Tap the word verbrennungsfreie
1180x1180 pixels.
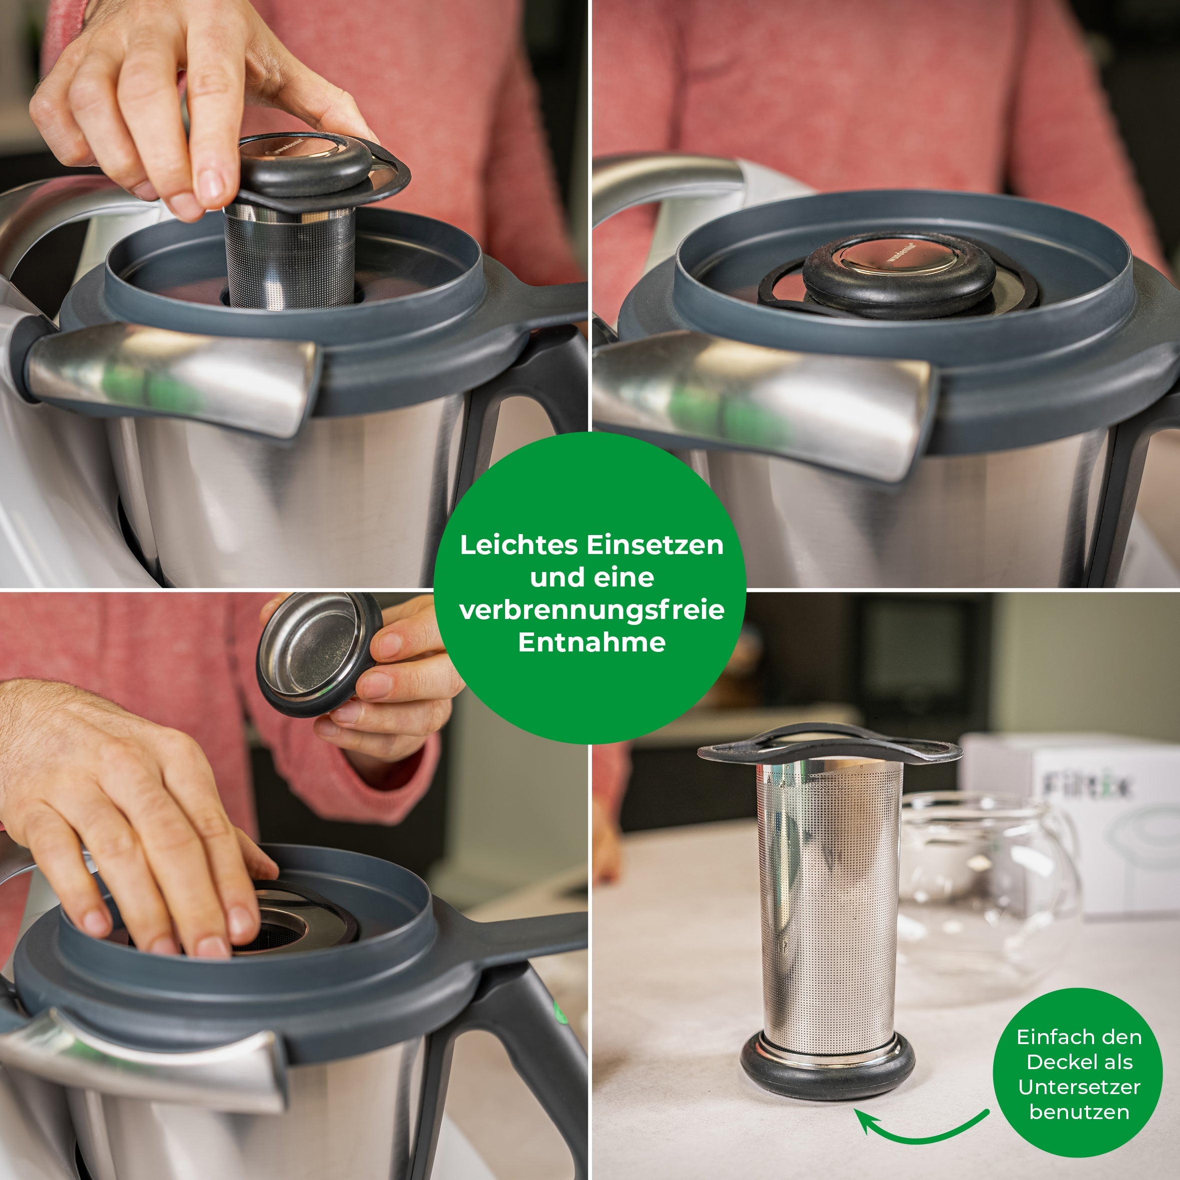(x=591, y=609)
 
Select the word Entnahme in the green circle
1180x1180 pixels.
(x=591, y=642)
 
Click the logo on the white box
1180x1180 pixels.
(x=1085, y=786)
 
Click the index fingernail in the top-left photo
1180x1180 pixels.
(x=211, y=183)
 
